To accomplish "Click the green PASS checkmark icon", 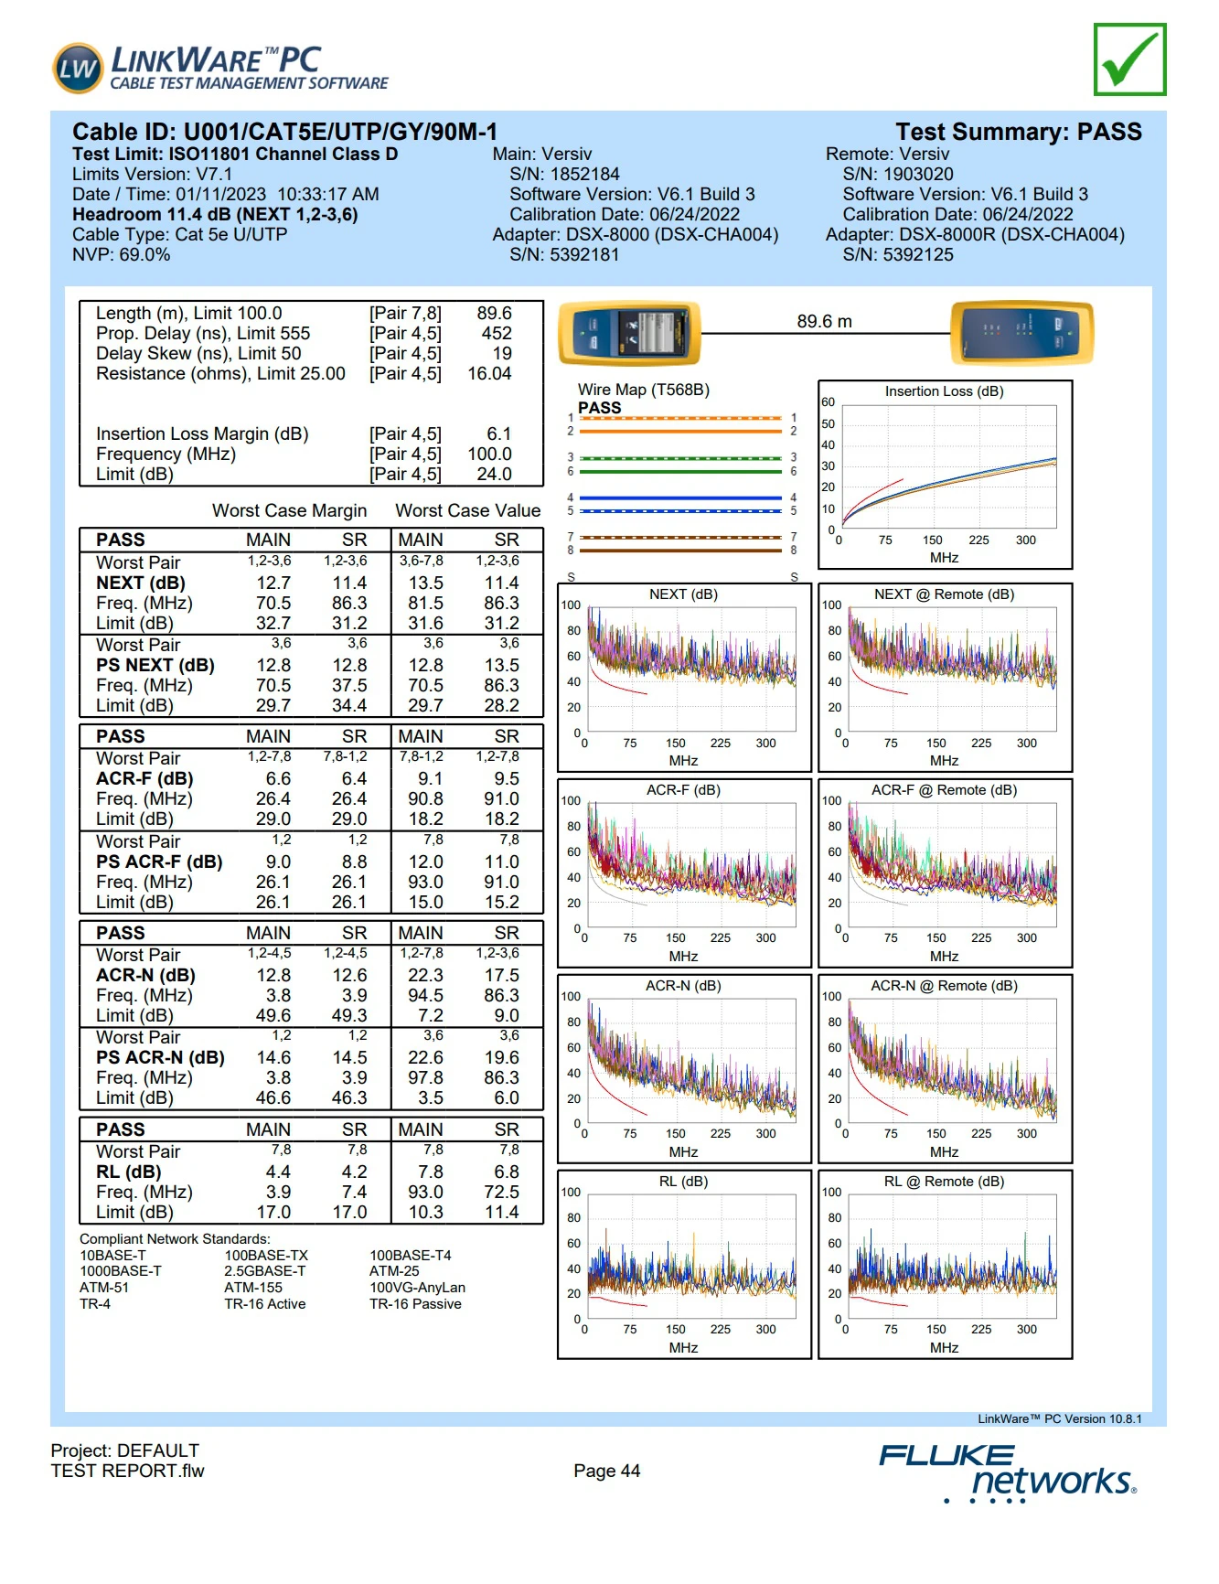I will pos(1129,59).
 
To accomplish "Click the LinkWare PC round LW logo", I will pos(78,68).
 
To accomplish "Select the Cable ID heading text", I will pos(284,132).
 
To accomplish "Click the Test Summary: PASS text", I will pos(1018,132).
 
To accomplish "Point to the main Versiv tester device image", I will pos(629,333).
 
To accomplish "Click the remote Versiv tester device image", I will pos(1021,333).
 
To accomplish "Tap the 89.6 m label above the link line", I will pos(824,321).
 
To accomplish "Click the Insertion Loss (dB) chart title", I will pos(944,391).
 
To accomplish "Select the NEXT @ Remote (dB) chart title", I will pos(944,594).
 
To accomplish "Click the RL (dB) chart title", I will pos(683,1182).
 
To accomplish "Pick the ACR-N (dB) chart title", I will pos(683,986).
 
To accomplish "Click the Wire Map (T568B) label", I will pos(643,390).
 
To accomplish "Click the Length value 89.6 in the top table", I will pos(494,313).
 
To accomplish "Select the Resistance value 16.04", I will pos(489,373).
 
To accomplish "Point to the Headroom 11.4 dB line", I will pos(215,214).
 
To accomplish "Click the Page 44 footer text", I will pos(606,1471).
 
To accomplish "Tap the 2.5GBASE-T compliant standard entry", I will pos(265,1271).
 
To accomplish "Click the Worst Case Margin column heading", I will pos(289,510).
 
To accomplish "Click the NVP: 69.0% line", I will pos(121,254).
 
